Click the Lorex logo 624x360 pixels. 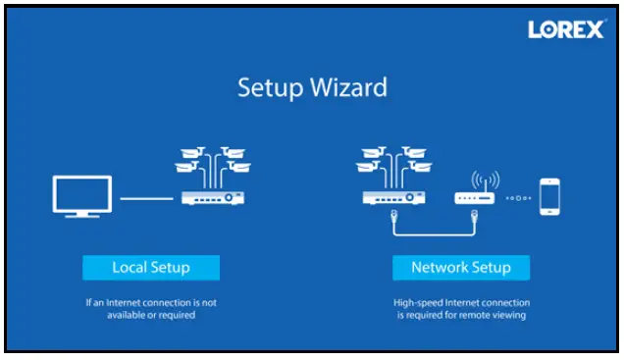pos(566,30)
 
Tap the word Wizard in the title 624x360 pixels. pos(348,87)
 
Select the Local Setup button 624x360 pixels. pos(150,267)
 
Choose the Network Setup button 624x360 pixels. pos(460,267)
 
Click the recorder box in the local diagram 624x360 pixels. pos(212,197)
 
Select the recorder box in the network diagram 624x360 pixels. pos(391,197)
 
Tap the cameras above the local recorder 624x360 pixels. pos(212,163)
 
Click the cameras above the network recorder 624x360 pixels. pos(391,163)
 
